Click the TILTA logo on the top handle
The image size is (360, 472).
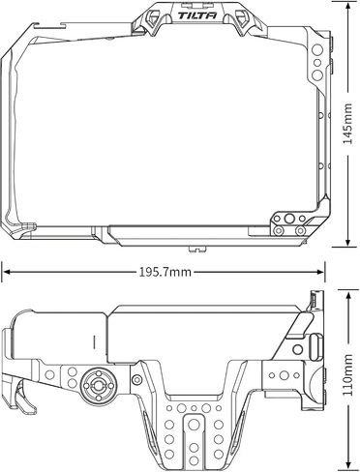pos(197,15)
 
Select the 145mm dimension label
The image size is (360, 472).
pos(347,124)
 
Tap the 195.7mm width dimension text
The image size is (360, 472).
pos(165,272)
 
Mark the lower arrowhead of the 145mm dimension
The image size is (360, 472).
pos(347,243)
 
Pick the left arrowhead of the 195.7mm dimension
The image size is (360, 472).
pos(6,272)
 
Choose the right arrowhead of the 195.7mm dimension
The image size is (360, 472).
pos(319,272)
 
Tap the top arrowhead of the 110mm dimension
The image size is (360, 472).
pos(348,296)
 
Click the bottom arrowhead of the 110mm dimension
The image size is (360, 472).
pos(348,465)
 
